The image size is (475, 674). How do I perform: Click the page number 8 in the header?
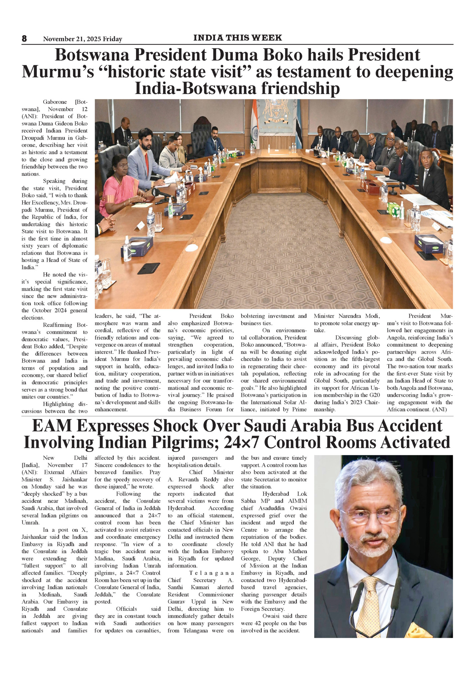click(x=24, y=39)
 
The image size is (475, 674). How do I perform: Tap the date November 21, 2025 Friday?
click(x=82, y=39)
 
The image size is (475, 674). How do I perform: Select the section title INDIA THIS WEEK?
click(x=237, y=38)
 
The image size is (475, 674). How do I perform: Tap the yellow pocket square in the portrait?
click(x=418, y=630)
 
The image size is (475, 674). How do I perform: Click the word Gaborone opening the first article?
click(x=55, y=102)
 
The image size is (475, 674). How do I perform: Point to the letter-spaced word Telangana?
click(x=212, y=573)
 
